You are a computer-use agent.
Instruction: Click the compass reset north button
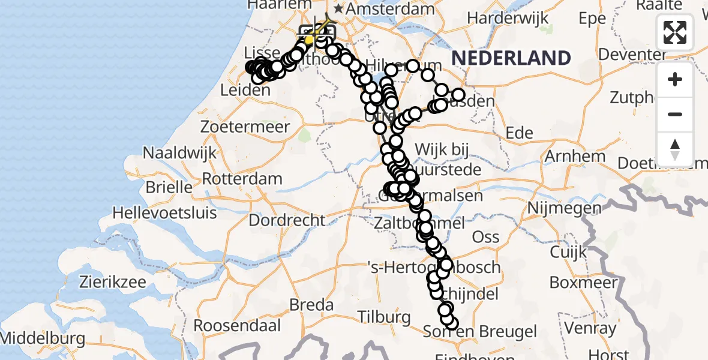[675, 149]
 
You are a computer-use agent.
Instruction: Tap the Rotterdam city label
[242, 179]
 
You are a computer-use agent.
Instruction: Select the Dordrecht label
[287, 220]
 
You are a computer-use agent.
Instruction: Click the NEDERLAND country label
[511, 58]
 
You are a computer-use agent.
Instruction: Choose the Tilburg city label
[384, 316]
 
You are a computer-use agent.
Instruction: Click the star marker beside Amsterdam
[339, 8]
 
